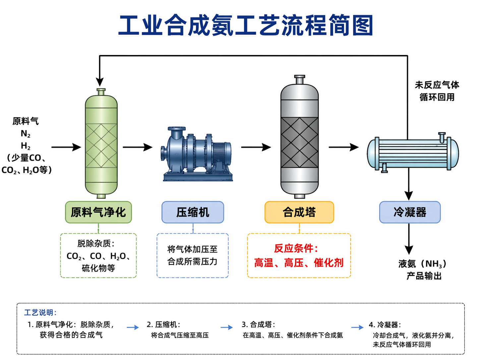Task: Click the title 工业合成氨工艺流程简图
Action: pos(246,26)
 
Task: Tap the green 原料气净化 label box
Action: pos(98,212)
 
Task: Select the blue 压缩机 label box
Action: pos(193,212)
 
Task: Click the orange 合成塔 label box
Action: pos(299,212)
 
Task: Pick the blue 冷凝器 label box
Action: pos(410,212)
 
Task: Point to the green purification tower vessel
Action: pos(101,146)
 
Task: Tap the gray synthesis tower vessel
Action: pos(299,139)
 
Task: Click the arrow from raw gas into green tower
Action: pos(66,147)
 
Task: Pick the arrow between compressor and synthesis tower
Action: pos(256,147)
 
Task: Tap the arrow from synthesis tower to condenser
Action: pos(344,147)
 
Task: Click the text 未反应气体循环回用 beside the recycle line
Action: pos(437,91)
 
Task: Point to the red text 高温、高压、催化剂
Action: pos(299,263)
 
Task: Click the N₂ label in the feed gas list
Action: pos(26,134)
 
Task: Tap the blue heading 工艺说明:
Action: pos(40,313)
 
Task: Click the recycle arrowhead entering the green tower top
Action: pos(100,82)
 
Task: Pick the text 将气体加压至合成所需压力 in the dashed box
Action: pos(192,255)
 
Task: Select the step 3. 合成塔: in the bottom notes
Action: pos(258,325)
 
